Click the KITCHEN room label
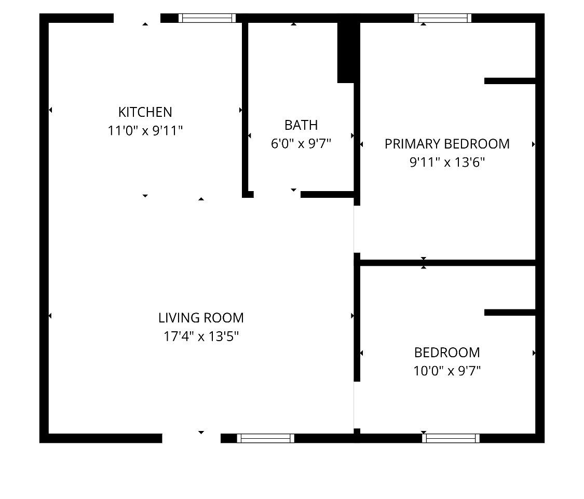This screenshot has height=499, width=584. coord(145,112)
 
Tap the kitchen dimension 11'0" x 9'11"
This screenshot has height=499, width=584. coord(145,131)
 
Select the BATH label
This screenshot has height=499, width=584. coord(301,125)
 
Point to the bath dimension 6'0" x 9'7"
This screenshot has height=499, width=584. coord(301,143)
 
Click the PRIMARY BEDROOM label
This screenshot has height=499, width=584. coord(447,144)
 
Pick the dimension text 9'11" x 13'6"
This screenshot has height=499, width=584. coord(447,163)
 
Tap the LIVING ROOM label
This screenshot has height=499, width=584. coord(201,318)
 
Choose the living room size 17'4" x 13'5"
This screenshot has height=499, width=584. coord(201,336)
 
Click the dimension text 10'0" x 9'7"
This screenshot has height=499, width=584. coord(447,371)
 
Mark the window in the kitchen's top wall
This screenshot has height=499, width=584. coord(207,18)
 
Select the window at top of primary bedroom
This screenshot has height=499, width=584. coord(443,18)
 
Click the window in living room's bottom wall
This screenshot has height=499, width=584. coord(266,438)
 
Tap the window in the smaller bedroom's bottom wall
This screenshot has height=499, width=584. coord(451,438)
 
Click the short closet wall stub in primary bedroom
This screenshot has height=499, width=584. coord(510,81)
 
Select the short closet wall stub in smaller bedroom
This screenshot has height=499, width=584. coord(510,313)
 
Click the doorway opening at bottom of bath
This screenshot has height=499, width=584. coord(277,195)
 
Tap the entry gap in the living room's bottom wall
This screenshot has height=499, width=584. coord(192,438)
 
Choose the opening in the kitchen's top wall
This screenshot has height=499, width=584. coord(137,18)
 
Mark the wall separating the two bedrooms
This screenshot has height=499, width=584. coord(447,263)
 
